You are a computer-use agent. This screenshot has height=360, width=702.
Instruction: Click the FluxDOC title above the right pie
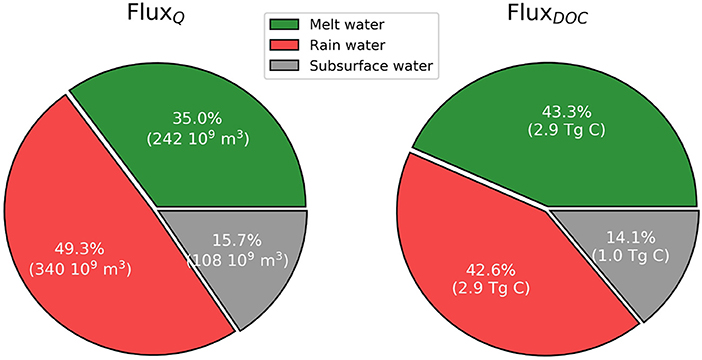pos(552,19)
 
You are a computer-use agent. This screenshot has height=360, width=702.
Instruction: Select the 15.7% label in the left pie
pos(236,241)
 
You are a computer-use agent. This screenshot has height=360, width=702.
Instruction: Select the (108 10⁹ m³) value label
pos(236,261)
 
